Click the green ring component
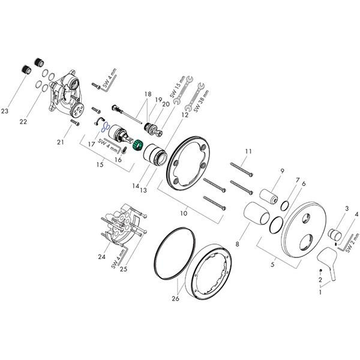(x=138, y=145)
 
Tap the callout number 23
(x=5, y=111)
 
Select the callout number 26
(x=175, y=298)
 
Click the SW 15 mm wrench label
(x=177, y=87)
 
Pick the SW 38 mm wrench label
(x=202, y=101)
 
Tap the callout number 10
(x=184, y=213)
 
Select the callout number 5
(x=272, y=264)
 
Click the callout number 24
(x=102, y=256)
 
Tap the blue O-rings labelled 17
(x=104, y=127)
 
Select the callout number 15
(x=100, y=164)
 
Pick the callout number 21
(x=61, y=142)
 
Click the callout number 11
(x=248, y=151)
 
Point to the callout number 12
(x=185, y=115)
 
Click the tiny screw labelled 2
(x=321, y=271)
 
